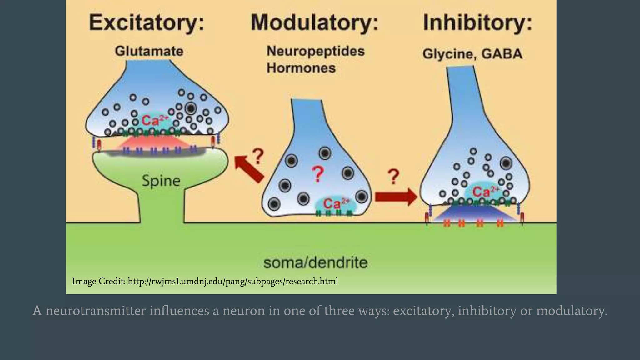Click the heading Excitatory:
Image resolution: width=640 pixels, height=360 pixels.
[x=147, y=22]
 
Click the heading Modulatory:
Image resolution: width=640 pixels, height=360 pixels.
[x=314, y=22]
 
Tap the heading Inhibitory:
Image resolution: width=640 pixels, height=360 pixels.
[x=477, y=22]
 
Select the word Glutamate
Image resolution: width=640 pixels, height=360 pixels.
[x=149, y=51]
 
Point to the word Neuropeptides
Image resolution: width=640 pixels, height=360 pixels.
[x=315, y=51]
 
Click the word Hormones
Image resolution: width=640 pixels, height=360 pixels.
[x=301, y=68]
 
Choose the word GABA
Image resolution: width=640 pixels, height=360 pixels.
[x=502, y=54]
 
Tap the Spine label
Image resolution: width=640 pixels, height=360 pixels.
[x=161, y=181]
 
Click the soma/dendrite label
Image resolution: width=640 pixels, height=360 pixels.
[x=315, y=262]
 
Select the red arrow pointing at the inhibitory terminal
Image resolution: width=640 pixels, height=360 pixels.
[x=396, y=197]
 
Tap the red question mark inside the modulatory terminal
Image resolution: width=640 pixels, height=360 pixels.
[x=317, y=174]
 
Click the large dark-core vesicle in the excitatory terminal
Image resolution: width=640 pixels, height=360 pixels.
[x=191, y=109]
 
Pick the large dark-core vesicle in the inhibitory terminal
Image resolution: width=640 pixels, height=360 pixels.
[x=506, y=163]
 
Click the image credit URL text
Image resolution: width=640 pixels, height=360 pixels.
[x=233, y=281]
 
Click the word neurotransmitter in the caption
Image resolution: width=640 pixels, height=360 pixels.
[x=96, y=311]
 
